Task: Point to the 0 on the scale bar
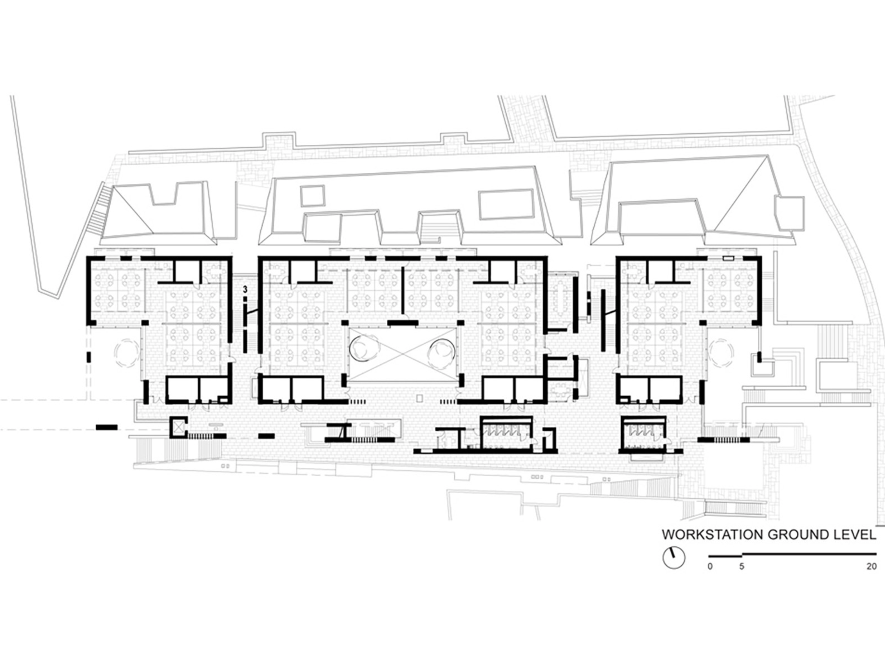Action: click(710, 567)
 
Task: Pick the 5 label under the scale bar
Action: click(742, 567)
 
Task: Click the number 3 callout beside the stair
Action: click(245, 289)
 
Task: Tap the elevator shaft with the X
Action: click(178, 427)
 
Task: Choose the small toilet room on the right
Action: click(644, 433)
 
